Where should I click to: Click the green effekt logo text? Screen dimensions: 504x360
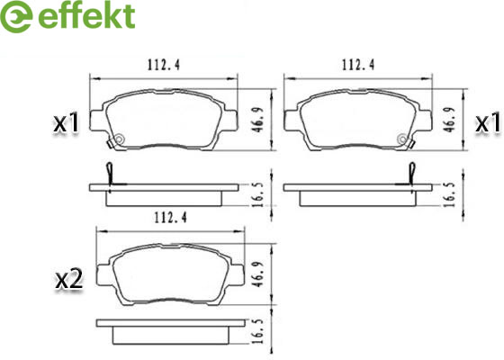[86, 16]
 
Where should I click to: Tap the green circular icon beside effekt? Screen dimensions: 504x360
[16, 16]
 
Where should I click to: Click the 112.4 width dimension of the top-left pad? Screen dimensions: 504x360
[164, 65]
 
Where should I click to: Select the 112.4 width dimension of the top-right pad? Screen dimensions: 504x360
[358, 65]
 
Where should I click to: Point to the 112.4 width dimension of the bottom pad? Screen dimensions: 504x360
[170, 218]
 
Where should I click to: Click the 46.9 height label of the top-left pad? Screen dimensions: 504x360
[259, 120]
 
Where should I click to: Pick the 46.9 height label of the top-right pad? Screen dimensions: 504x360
[451, 120]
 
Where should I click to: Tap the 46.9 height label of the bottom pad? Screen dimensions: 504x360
[259, 274]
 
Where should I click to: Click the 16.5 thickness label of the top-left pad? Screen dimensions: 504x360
[259, 194]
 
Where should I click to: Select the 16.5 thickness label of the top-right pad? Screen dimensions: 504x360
[451, 194]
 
